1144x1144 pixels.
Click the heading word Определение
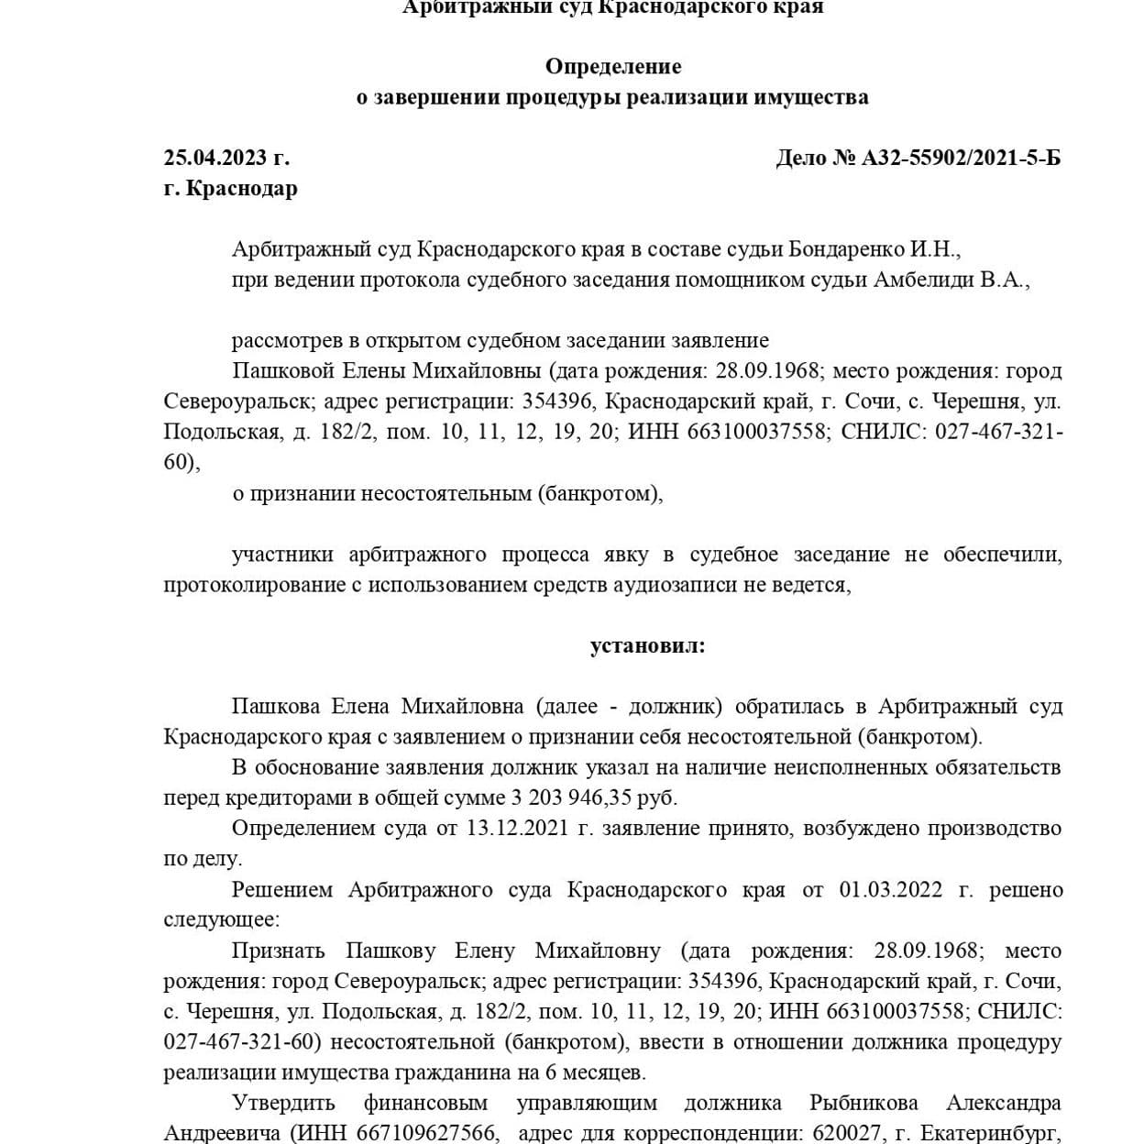[x=612, y=66]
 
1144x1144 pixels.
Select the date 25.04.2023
[x=215, y=158]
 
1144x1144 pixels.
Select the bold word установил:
[x=647, y=645]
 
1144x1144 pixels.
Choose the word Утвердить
[x=283, y=1103]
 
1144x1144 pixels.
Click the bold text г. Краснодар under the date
[x=230, y=188]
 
